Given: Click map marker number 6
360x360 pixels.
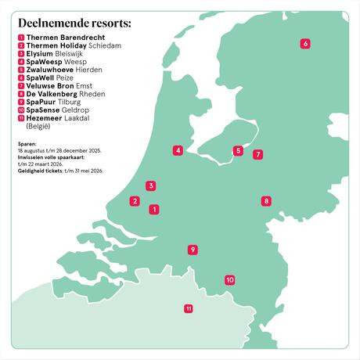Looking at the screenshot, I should pyautogui.click(x=305, y=44).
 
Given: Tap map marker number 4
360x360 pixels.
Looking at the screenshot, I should pyautogui.click(x=178, y=150).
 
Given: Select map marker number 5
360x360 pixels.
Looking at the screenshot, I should pyautogui.click(x=238, y=151).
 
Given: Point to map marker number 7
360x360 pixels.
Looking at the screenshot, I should pyautogui.click(x=258, y=155).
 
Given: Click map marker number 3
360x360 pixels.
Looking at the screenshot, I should pyautogui.click(x=150, y=186).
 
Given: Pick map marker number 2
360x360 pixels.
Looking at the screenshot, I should pyautogui.click(x=135, y=201).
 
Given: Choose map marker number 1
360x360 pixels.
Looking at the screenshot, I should pyautogui.click(x=154, y=209).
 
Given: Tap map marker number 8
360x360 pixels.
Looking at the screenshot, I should pyautogui.click(x=266, y=201).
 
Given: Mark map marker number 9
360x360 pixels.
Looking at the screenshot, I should pyautogui.click(x=193, y=250).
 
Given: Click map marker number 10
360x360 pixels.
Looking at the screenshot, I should pyautogui.click(x=230, y=279).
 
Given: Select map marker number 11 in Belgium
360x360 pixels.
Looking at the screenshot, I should pyautogui.click(x=189, y=308).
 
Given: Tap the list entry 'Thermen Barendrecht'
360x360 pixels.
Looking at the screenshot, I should pyautogui.click(x=66, y=38).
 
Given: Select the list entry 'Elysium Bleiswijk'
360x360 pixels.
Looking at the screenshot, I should pyautogui.click(x=55, y=53).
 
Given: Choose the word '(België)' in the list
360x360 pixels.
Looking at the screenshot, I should pyautogui.click(x=38, y=125).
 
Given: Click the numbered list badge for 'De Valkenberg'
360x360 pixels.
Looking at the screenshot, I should pyautogui.click(x=20, y=94).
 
